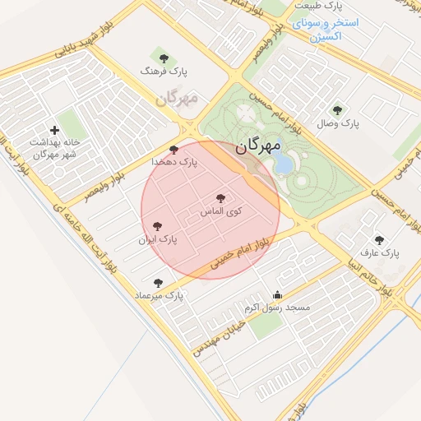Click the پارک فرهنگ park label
[164, 72]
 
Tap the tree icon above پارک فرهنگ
[164, 58]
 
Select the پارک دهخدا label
[173, 163]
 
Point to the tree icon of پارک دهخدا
[173, 150]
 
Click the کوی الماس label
[221, 212]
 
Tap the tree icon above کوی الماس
[220, 198]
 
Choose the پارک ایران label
[157, 239]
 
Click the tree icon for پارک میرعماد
[158, 283]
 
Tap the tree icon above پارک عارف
[379, 240]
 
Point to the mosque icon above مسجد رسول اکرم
[277, 295]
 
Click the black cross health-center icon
[55, 130]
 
